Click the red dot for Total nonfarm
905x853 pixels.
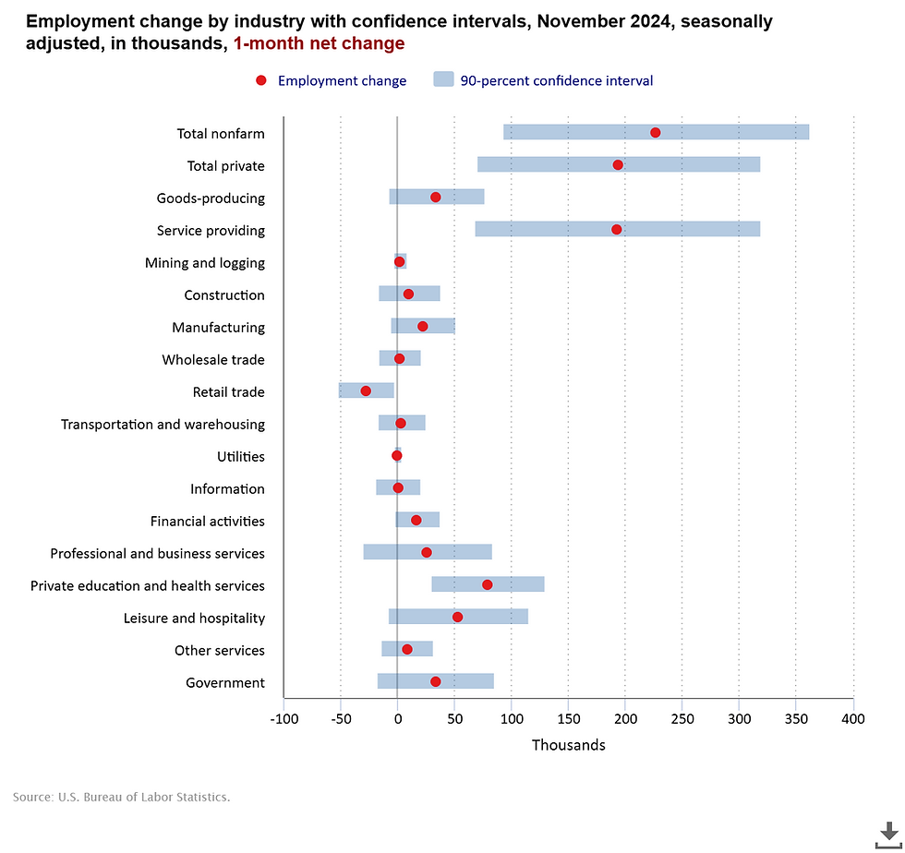656,132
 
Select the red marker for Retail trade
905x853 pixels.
366,390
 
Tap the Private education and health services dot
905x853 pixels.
488,584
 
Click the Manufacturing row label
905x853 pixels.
218,328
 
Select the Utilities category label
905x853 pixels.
240,457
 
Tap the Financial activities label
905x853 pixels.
207,522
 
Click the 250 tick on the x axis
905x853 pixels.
682,718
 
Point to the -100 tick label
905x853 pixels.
284,718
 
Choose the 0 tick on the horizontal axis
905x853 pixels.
397,718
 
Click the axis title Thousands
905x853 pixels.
568,745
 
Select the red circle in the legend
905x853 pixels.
261,80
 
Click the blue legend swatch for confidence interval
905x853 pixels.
444,80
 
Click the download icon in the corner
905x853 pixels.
888,834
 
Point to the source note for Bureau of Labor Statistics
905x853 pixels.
121,796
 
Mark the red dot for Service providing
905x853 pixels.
617,229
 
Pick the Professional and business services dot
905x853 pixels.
427,552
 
